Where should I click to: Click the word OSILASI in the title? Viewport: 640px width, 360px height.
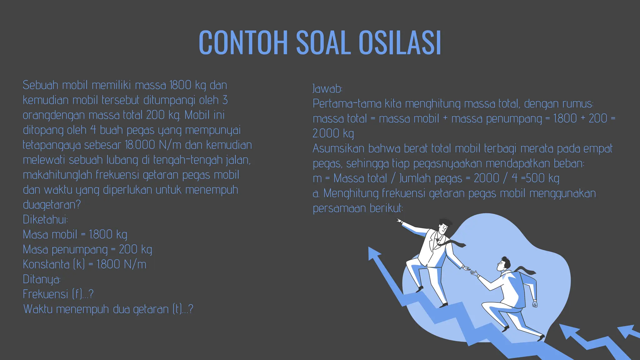[400, 43]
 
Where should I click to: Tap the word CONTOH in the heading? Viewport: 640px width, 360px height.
[243, 43]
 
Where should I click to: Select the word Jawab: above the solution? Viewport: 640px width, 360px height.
[327, 89]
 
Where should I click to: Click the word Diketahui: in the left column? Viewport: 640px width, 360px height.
[45, 219]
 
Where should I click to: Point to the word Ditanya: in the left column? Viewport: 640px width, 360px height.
[42, 279]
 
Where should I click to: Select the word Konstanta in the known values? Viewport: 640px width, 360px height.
[46, 264]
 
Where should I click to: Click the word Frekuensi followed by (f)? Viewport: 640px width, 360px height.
[45, 294]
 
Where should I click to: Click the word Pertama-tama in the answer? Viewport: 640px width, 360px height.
[347, 103]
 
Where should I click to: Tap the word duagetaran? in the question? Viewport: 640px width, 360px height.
[52, 205]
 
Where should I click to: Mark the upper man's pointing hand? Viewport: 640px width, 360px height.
[399, 221]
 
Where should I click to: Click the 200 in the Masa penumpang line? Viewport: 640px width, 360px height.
[128, 249]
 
